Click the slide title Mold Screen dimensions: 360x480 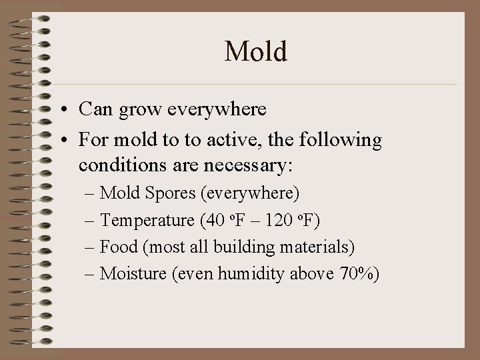(256, 51)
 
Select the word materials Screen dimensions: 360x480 (312, 247)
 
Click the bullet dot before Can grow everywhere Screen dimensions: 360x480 (68, 109)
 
